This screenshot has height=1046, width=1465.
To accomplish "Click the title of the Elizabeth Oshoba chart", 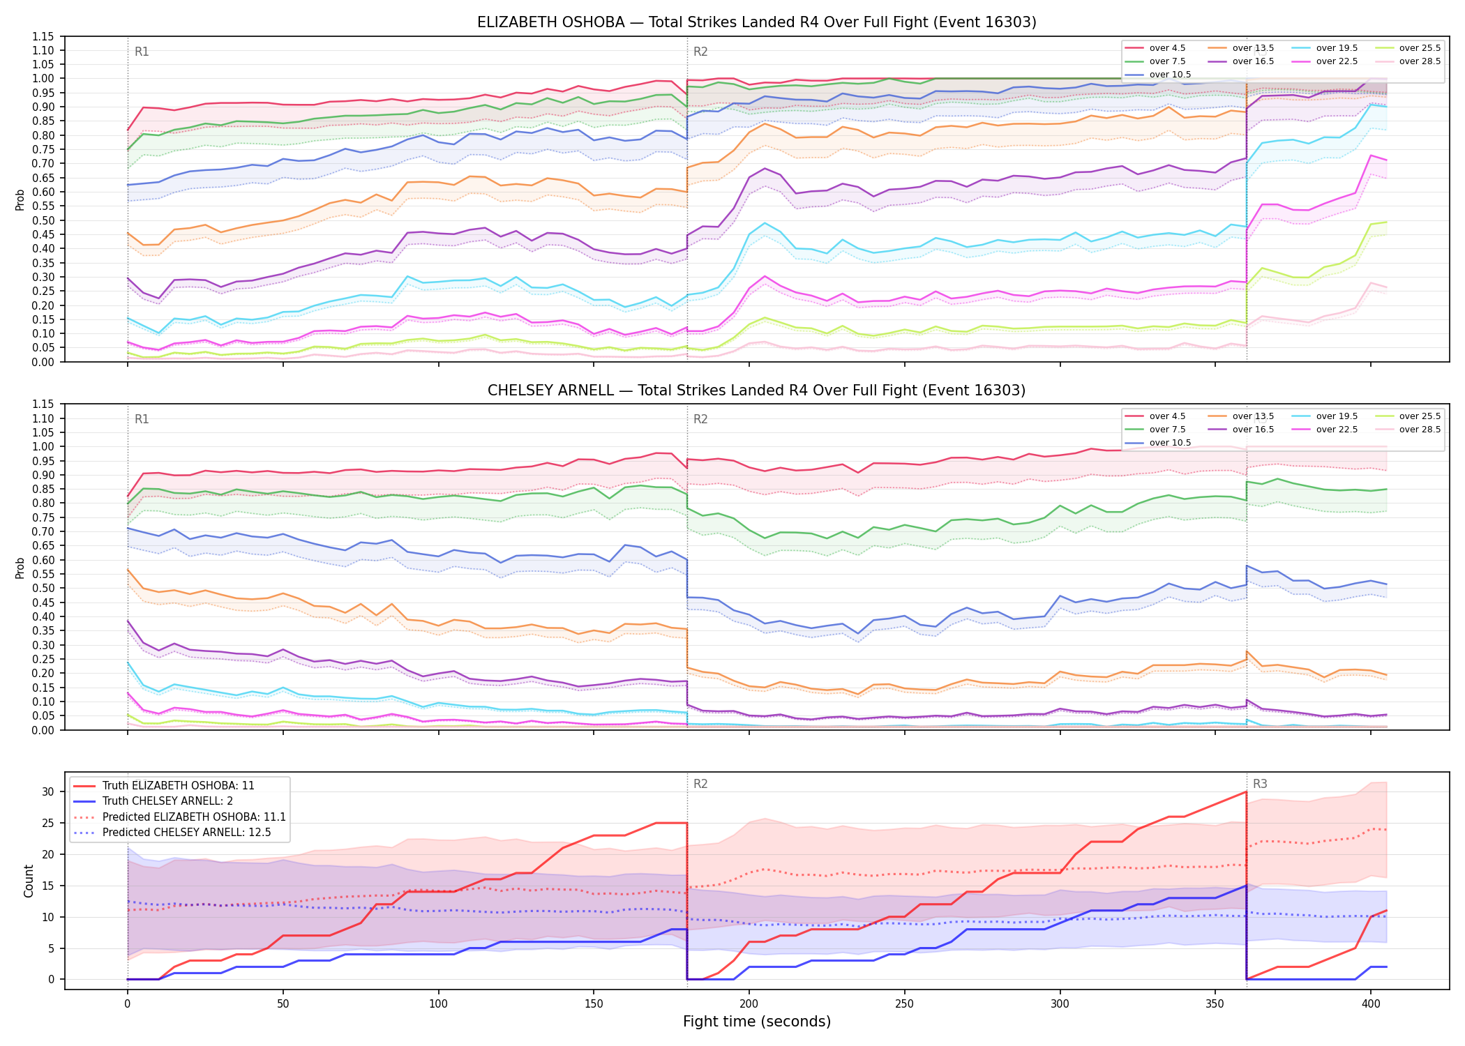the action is pyautogui.click(x=756, y=22).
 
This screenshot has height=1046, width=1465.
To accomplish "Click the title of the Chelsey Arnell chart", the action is pyautogui.click(x=756, y=391).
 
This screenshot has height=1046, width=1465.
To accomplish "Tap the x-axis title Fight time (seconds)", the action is pyautogui.click(x=757, y=1022).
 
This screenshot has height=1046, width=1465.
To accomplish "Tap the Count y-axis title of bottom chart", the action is pyautogui.click(x=29, y=881).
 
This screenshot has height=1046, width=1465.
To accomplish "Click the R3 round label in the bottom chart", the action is pyautogui.click(x=1260, y=784).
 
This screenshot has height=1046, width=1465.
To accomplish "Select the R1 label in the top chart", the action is pyautogui.click(x=142, y=52).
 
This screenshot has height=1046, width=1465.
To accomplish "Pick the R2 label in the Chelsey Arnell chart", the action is pyautogui.click(x=700, y=419).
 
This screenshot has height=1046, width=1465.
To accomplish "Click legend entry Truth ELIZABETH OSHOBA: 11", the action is pyautogui.click(x=178, y=786).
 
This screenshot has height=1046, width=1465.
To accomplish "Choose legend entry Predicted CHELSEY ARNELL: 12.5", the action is pyautogui.click(x=186, y=833).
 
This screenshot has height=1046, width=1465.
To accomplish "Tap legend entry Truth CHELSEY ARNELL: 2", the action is pyautogui.click(x=167, y=801).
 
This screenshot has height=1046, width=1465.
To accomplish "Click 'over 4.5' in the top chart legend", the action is pyautogui.click(x=1167, y=48).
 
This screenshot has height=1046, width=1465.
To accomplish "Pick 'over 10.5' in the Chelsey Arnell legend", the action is pyautogui.click(x=1170, y=443).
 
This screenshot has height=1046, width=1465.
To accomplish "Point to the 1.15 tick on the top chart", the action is pyautogui.click(x=43, y=36).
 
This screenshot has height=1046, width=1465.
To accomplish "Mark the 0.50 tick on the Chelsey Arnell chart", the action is pyautogui.click(x=43, y=589).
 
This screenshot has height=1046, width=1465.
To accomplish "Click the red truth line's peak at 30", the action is pyautogui.click(x=1246, y=791).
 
